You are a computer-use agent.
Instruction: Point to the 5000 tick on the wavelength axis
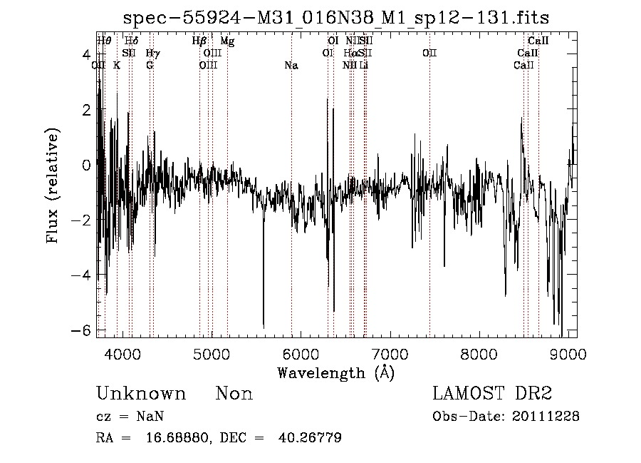pos(212,353)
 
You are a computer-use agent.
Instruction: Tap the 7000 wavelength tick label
pos(390,353)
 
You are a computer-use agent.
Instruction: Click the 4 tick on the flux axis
pos(86,55)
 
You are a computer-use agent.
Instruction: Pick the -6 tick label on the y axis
pos(83,330)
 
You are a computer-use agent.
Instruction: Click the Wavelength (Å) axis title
pos(335,372)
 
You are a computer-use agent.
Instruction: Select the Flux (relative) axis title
pos(53,185)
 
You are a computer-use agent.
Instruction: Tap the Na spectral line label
pos(291,66)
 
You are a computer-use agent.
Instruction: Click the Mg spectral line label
pos(227,41)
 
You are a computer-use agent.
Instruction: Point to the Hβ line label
pos(199,41)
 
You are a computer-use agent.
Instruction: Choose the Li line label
pos(364,66)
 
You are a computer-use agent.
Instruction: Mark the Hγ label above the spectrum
pos(152,54)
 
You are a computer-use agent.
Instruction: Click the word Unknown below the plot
pos(141,394)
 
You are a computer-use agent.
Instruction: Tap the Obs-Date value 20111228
pos(546,417)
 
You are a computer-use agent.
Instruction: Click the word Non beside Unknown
pos(234,394)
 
